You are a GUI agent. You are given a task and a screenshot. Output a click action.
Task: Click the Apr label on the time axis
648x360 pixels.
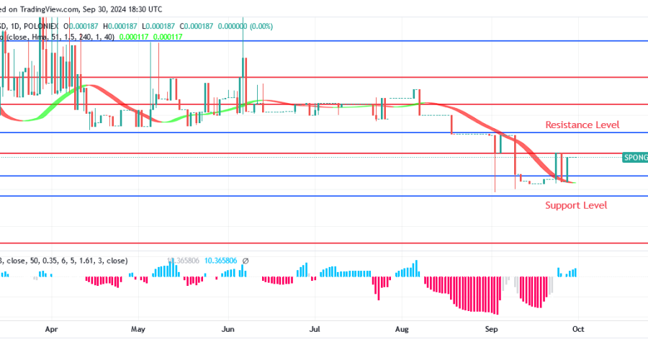[x=51, y=329]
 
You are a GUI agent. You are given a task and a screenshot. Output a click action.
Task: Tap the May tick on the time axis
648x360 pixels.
[x=139, y=329]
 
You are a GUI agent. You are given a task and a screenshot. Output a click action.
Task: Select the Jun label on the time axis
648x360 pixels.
[x=228, y=329]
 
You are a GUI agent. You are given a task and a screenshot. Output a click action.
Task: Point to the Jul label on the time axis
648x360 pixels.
[x=315, y=329]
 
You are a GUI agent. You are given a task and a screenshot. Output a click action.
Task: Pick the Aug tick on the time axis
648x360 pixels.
[x=402, y=329]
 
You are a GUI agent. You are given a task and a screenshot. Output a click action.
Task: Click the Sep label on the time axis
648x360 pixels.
[x=491, y=329]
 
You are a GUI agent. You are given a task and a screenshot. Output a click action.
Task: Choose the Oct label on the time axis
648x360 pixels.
[x=577, y=329]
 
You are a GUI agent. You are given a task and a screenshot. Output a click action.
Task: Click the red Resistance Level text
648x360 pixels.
[x=582, y=125]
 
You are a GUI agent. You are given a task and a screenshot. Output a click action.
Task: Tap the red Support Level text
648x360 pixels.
[x=575, y=205]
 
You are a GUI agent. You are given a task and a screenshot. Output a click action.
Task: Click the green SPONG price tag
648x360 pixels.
[x=634, y=157]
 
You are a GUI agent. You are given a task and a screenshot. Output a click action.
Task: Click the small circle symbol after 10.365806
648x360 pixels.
[x=246, y=261]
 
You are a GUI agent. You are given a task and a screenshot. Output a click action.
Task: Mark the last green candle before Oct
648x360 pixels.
[x=568, y=169]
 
